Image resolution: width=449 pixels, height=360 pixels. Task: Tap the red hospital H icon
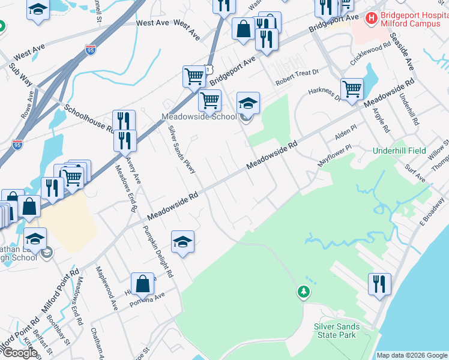(372, 19)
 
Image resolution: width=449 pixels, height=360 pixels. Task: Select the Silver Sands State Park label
(337, 331)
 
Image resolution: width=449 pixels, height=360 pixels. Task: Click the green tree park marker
(304, 292)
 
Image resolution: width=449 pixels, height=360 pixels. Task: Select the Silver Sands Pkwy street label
(182, 150)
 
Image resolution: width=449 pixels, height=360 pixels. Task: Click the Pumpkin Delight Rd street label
(158, 248)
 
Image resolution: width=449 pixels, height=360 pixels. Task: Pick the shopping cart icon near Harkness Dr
(352, 88)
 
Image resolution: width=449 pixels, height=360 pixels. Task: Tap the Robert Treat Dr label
(296, 81)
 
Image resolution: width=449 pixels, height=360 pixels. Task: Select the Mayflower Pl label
(334, 155)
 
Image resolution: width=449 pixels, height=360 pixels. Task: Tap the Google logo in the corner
(20, 352)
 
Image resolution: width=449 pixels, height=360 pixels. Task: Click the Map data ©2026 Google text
(412, 355)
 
